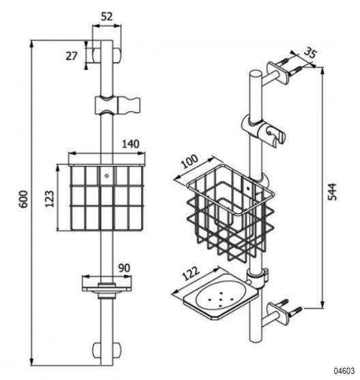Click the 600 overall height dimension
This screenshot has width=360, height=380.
coord(24,199)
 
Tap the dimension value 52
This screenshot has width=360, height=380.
coord(107,17)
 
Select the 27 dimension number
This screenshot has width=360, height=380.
coord(72,56)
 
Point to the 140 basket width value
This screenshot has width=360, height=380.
coord(130,144)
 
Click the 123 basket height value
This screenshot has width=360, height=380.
coord(50,199)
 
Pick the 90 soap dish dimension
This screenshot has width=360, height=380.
coord(124,268)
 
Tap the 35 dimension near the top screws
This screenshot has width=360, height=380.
coord(310,53)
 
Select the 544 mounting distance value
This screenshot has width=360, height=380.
coord(332,192)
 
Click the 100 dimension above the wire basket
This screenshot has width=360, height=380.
coord(190,161)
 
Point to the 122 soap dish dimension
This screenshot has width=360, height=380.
coord(190,274)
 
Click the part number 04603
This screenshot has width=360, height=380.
coord(344,370)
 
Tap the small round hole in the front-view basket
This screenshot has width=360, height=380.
coord(106,176)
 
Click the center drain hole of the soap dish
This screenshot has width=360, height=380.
coord(221,298)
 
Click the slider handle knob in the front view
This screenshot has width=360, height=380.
coord(129,106)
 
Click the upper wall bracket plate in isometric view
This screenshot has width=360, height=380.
coord(277,73)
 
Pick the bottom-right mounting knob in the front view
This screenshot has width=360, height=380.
coord(117,349)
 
